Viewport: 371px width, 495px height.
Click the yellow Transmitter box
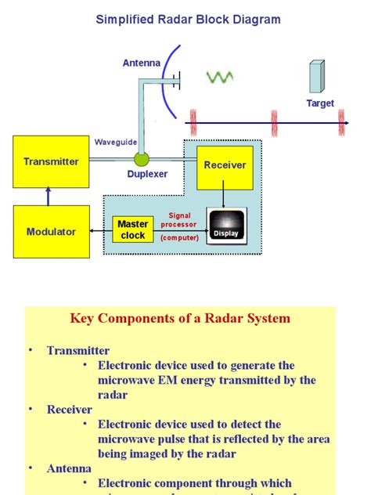tap(51, 162)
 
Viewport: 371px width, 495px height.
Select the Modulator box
tap(51, 232)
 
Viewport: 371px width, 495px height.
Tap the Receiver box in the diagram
tap(225, 166)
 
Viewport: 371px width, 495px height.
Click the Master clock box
tap(133, 230)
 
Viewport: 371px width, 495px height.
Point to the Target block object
tap(316, 77)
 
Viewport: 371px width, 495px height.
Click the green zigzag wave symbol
tap(219, 77)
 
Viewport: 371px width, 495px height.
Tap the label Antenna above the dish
tap(142, 63)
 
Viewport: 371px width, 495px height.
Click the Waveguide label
tap(116, 142)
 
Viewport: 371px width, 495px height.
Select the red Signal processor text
tap(179, 220)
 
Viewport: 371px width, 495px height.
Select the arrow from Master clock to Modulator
tap(99, 231)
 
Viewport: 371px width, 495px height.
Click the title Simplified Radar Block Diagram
tap(188, 20)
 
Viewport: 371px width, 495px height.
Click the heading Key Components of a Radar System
tap(180, 319)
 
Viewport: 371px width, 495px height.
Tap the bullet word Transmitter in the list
tap(78, 351)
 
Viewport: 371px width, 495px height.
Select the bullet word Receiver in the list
tap(70, 409)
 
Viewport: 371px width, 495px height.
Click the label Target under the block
tap(319, 103)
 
